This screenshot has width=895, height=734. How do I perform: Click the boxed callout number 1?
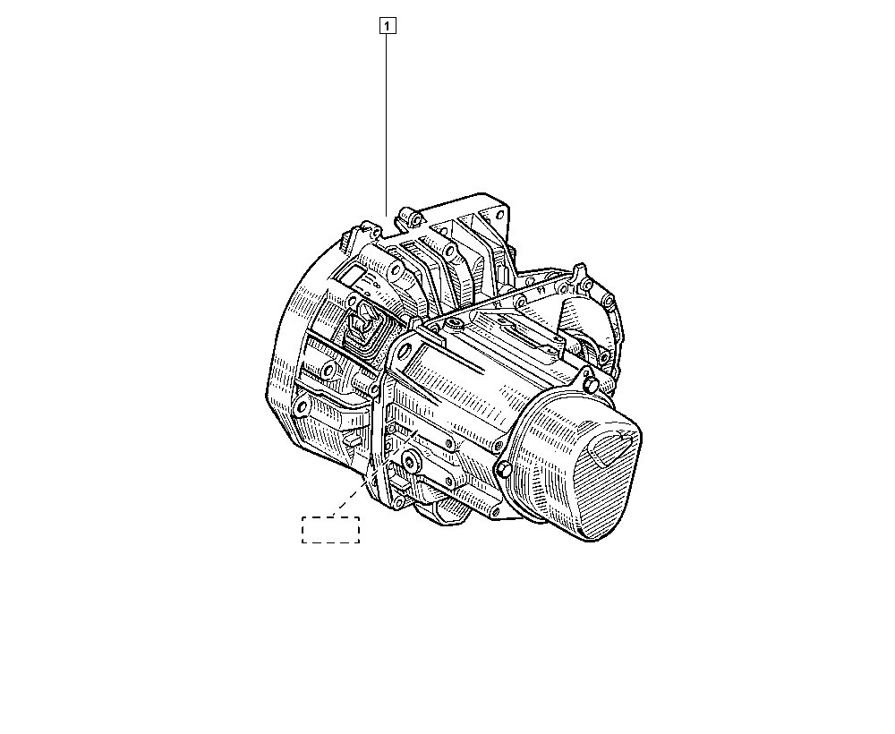tap(387, 26)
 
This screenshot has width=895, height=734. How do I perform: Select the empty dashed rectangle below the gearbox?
tap(330, 530)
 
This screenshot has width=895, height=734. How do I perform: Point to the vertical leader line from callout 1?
tap(387, 124)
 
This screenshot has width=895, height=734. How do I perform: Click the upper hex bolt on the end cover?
tap(589, 384)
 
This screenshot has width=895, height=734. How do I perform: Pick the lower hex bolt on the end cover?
tap(503, 469)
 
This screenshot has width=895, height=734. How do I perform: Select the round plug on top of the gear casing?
tap(455, 326)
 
